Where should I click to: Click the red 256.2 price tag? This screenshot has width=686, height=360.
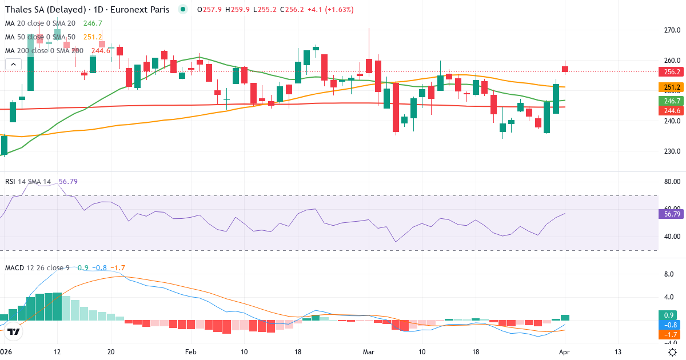(x=672, y=72)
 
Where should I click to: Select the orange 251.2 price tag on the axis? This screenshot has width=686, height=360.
(x=672, y=87)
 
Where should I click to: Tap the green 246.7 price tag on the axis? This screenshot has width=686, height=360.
(x=672, y=101)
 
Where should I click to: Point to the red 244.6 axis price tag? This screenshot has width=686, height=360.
(x=672, y=111)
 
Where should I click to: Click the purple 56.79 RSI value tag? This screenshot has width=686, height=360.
(x=672, y=214)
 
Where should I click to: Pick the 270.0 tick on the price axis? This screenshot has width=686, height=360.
(x=672, y=30)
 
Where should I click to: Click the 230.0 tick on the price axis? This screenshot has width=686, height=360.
(x=672, y=151)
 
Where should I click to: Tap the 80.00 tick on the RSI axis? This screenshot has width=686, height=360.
(x=672, y=182)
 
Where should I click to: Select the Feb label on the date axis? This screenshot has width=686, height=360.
(x=190, y=351)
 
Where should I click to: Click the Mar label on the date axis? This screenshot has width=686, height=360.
(x=369, y=351)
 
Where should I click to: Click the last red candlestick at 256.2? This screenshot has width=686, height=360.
(x=565, y=69)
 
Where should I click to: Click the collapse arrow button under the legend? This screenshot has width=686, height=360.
(x=13, y=65)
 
